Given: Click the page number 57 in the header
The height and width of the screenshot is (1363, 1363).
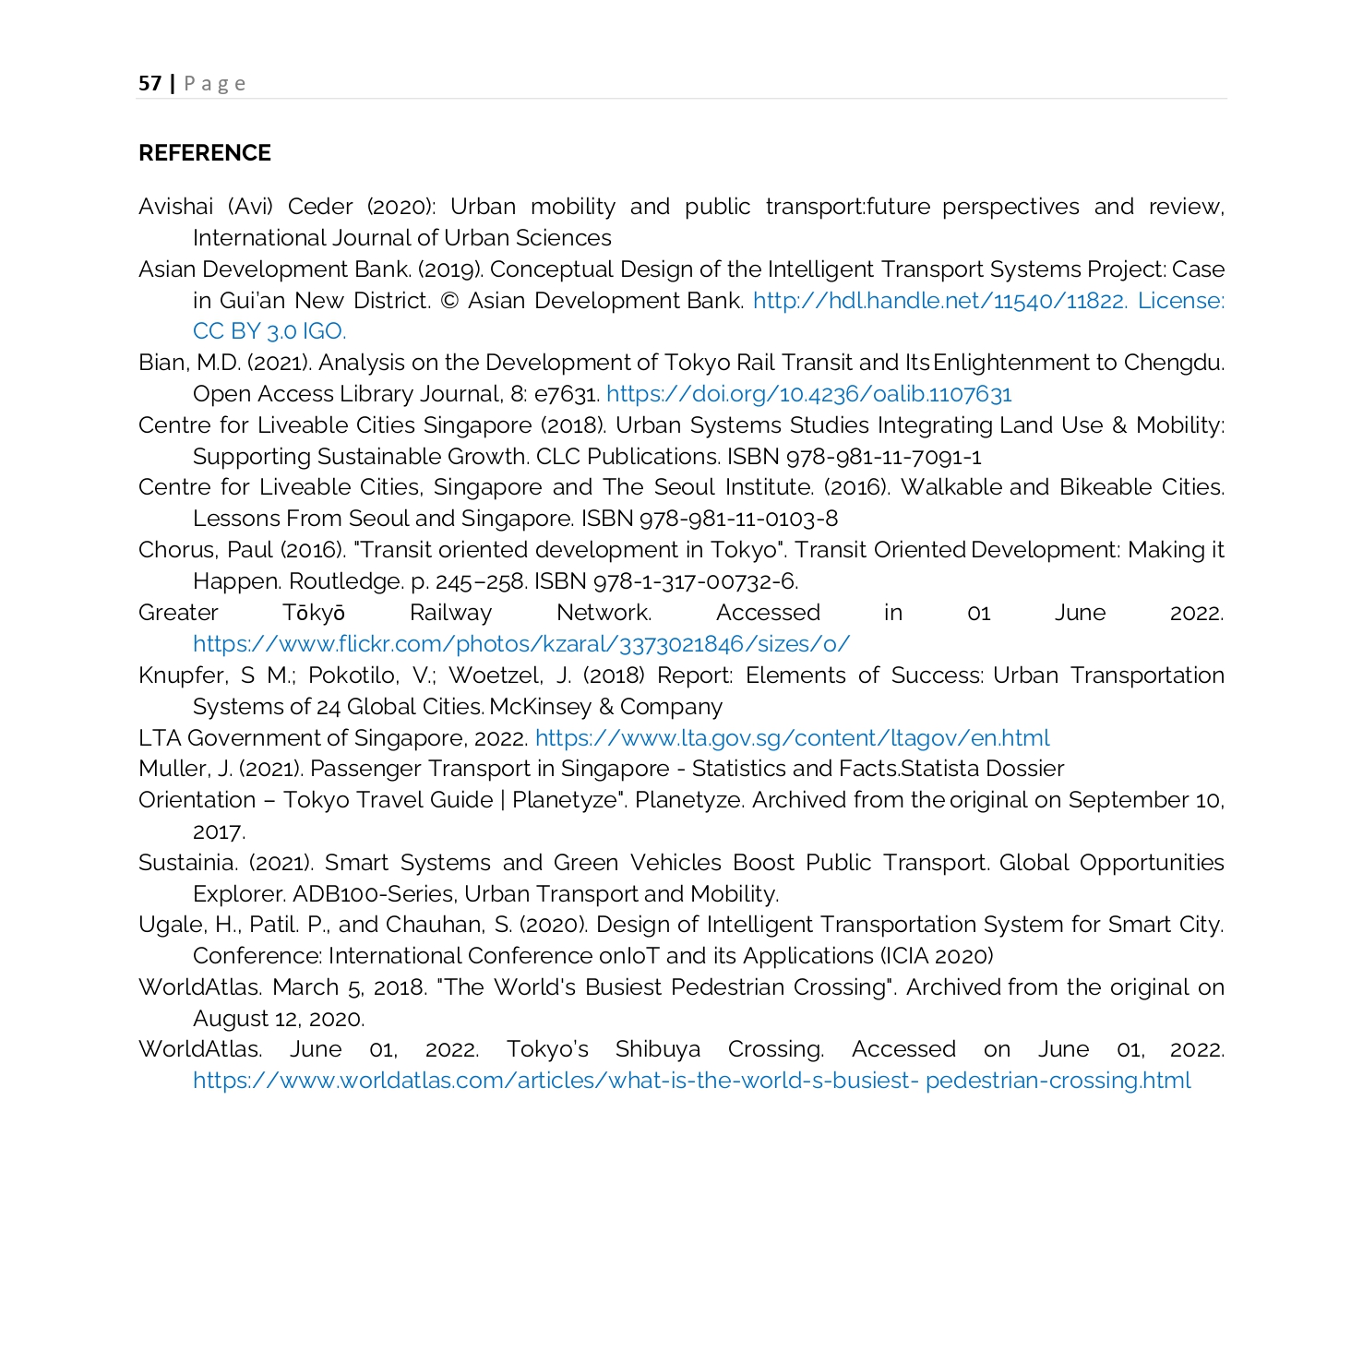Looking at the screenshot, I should (x=149, y=83).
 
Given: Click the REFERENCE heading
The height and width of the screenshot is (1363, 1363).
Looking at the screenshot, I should (x=205, y=153).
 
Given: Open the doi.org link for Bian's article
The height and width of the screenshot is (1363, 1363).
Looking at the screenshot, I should (x=808, y=394).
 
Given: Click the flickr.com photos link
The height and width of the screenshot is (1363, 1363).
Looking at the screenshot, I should (x=521, y=644).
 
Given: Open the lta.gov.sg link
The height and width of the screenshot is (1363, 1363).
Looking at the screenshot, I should (x=792, y=738).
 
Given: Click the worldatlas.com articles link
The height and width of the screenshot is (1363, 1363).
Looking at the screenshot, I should (x=691, y=1081).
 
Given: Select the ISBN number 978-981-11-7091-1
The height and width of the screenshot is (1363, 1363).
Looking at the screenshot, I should (x=884, y=457).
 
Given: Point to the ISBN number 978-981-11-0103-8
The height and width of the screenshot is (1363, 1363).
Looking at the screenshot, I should (x=739, y=519).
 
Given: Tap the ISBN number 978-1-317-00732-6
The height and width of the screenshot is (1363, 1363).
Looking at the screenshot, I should (x=694, y=581).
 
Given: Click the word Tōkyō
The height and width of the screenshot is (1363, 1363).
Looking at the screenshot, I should (x=314, y=613).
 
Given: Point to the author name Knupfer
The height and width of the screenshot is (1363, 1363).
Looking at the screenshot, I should (x=182, y=676).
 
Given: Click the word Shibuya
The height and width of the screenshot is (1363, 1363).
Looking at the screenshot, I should (x=658, y=1049).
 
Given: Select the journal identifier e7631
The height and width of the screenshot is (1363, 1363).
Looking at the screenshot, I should (x=566, y=394).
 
